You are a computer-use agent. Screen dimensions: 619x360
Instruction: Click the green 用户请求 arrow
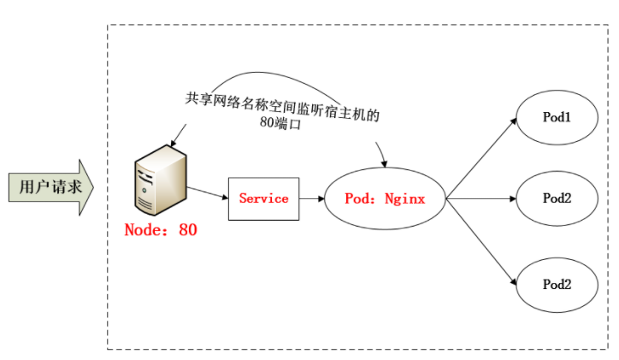pyautogui.click(x=51, y=187)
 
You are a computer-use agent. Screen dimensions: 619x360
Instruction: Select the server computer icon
pyautogui.click(x=161, y=180)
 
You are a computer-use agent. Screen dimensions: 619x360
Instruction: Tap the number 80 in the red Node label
pyautogui.click(x=188, y=230)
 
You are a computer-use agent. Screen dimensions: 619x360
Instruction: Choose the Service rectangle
pyautogui.click(x=263, y=198)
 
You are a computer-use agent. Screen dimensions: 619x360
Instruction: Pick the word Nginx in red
pyautogui.click(x=405, y=198)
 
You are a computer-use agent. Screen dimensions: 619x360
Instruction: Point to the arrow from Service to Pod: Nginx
pyautogui.click(x=312, y=198)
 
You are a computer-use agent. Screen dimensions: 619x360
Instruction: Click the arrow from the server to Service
pyautogui.click(x=208, y=192)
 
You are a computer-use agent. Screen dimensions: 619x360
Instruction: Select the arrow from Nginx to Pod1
pyautogui.click(x=481, y=158)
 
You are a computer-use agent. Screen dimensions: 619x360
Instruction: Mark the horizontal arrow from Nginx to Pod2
pyautogui.click(x=481, y=198)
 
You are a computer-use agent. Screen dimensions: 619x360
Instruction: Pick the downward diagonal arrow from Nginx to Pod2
pyautogui.click(x=481, y=242)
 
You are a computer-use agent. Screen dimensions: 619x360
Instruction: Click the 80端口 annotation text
pyautogui.click(x=280, y=123)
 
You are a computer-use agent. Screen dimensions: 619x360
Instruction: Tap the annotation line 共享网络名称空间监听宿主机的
pyautogui.click(x=282, y=105)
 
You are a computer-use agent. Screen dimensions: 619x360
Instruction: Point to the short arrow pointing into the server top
pyautogui.click(x=179, y=135)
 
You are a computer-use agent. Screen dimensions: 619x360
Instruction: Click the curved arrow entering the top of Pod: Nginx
pyautogui.click(x=382, y=155)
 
